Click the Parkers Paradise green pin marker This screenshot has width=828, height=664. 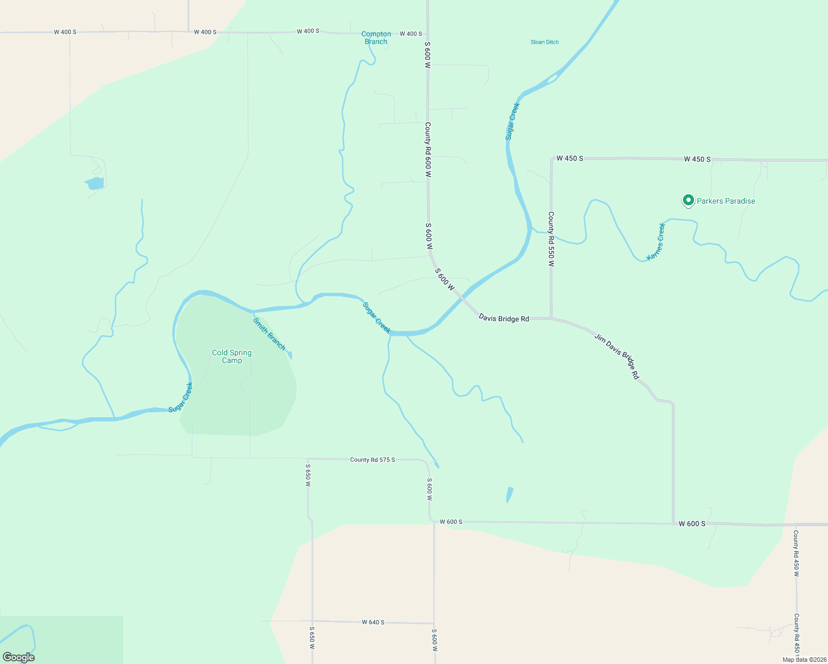click(688, 200)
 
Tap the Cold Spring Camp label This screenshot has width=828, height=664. click(232, 356)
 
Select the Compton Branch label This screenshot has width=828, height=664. click(376, 38)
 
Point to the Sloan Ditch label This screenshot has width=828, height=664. click(545, 42)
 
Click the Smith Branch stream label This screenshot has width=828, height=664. click(269, 334)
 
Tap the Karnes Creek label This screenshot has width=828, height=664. click(656, 242)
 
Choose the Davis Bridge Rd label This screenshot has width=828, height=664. click(504, 318)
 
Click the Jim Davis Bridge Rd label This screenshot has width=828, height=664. click(617, 356)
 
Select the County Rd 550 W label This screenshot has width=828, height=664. click(551, 239)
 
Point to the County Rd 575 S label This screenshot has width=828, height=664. click(372, 460)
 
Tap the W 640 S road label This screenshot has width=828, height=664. click(373, 622)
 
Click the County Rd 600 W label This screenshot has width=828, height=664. click(428, 149)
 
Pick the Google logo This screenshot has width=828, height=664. click(19, 657)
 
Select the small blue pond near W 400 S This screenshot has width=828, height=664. click(95, 183)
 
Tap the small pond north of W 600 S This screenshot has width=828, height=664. click(509, 494)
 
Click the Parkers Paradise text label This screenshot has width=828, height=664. click(726, 201)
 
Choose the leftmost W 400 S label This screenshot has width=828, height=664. click(65, 32)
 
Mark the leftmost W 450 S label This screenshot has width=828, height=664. click(570, 158)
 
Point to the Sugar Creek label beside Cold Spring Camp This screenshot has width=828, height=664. click(180, 397)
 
